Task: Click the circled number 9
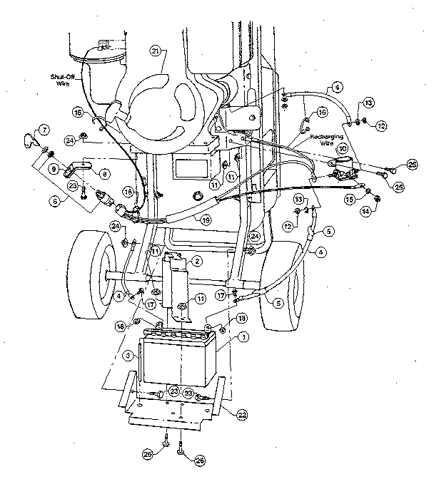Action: [54, 169]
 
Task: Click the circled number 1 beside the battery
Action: [243, 336]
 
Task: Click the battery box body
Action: [176, 361]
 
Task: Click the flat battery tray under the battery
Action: [171, 413]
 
